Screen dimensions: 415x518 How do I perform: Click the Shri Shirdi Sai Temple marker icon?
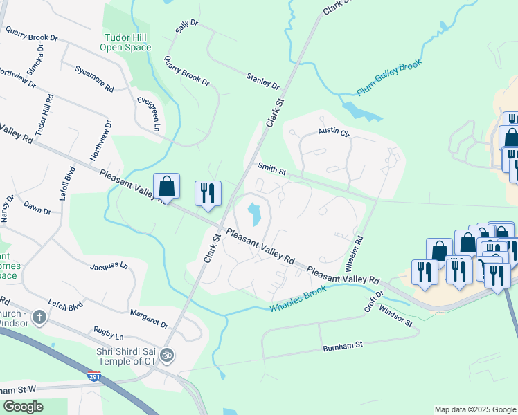(166, 355)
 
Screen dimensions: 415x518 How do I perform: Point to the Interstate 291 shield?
(94, 376)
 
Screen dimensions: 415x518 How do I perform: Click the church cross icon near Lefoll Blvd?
(39, 317)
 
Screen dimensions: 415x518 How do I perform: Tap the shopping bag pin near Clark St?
(166, 187)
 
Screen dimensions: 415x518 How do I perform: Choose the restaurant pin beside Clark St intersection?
(208, 194)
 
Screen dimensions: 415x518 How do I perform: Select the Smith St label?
(271, 168)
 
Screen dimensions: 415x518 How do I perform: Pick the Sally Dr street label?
(186, 27)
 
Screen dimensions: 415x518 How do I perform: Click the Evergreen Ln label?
(147, 114)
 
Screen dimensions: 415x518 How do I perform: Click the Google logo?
(23, 407)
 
